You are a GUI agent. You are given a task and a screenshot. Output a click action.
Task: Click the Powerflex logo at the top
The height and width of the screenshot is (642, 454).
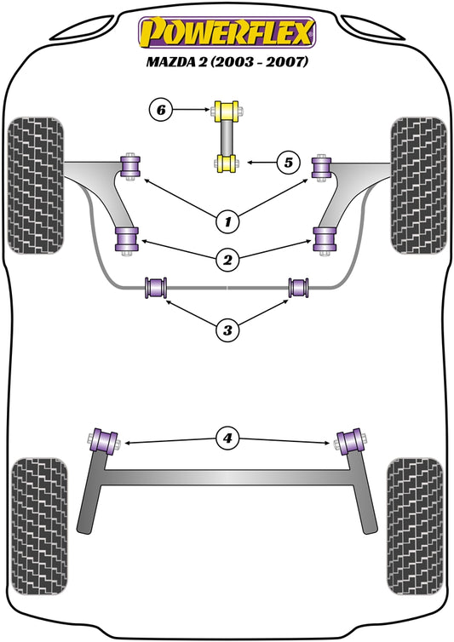click(x=227, y=32)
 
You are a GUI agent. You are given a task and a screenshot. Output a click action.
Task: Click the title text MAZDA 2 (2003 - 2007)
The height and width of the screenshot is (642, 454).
click(x=227, y=63)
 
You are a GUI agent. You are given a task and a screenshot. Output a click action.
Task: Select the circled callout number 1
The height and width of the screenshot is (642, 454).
click(x=227, y=223)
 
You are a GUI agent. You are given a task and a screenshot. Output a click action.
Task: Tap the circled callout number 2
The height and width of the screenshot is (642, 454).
click(x=227, y=258)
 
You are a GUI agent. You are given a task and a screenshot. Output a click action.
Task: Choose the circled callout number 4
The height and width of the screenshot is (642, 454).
click(x=227, y=439)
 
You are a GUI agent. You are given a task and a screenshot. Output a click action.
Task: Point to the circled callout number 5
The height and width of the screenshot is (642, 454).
click(x=289, y=162)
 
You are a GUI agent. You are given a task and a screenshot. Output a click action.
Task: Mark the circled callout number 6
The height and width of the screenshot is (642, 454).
click(x=161, y=109)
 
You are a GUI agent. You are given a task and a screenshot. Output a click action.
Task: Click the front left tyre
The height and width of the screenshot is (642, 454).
click(x=35, y=185)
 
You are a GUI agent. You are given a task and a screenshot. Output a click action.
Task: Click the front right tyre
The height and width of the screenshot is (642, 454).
click(x=417, y=185)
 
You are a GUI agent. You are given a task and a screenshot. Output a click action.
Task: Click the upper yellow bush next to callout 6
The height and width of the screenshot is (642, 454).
click(x=227, y=111)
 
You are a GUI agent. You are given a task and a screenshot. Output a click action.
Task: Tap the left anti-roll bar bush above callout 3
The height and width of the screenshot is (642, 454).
click(x=155, y=288)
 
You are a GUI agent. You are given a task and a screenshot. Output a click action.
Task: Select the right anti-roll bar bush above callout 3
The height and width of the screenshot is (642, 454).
click(x=299, y=288)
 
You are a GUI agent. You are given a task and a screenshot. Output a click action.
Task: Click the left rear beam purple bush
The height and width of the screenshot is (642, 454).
click(x=105, y=441)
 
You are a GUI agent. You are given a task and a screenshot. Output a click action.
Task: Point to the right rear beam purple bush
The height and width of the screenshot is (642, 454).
click(x=349, y=441)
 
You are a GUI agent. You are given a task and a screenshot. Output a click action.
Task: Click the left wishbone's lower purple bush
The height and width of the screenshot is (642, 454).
click(x=127, y=240)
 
